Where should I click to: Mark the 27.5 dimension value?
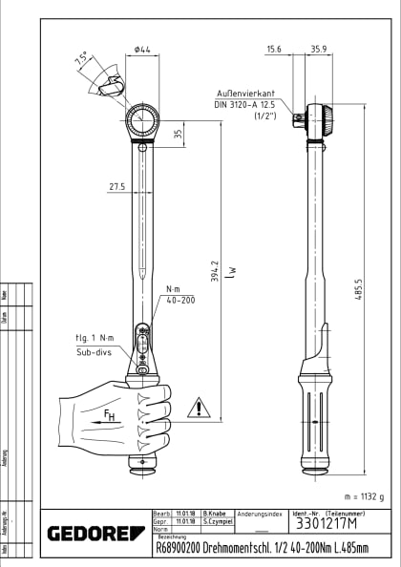(x=117, y=186)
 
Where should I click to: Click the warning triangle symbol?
(x=197, y=408)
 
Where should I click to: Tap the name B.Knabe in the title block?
(x=213, y=514)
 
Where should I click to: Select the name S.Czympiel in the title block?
(x=216, y=522)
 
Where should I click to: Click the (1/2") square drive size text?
(x=264, y=115)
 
